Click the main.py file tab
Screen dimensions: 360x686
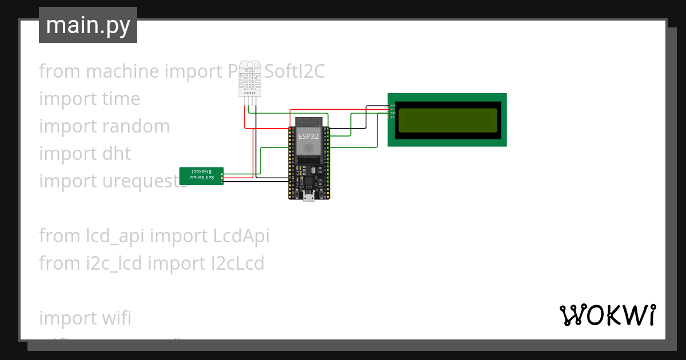tap(87, 25)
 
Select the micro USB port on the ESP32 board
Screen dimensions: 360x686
tap(309, 198)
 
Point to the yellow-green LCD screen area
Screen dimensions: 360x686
tap(448, 120)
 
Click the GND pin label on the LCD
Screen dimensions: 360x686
tap(393, 105)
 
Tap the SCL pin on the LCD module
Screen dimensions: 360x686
tap(392, 117)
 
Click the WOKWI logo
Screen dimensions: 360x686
tap(607, 315)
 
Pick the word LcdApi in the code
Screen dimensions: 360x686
tap(240, 235)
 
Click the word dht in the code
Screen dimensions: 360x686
tap(117, 154)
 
